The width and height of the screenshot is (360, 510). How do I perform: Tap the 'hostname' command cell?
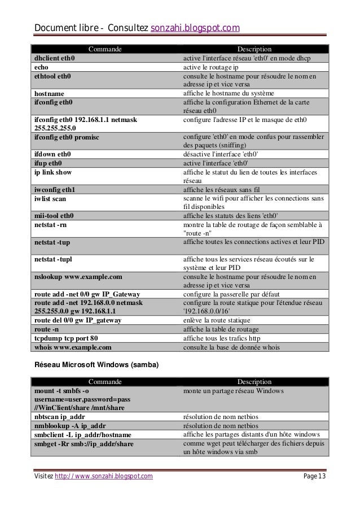point(49,93)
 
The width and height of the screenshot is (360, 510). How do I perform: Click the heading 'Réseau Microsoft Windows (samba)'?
point(96,365)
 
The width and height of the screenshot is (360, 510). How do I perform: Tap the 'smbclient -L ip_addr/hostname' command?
point(82,434)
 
